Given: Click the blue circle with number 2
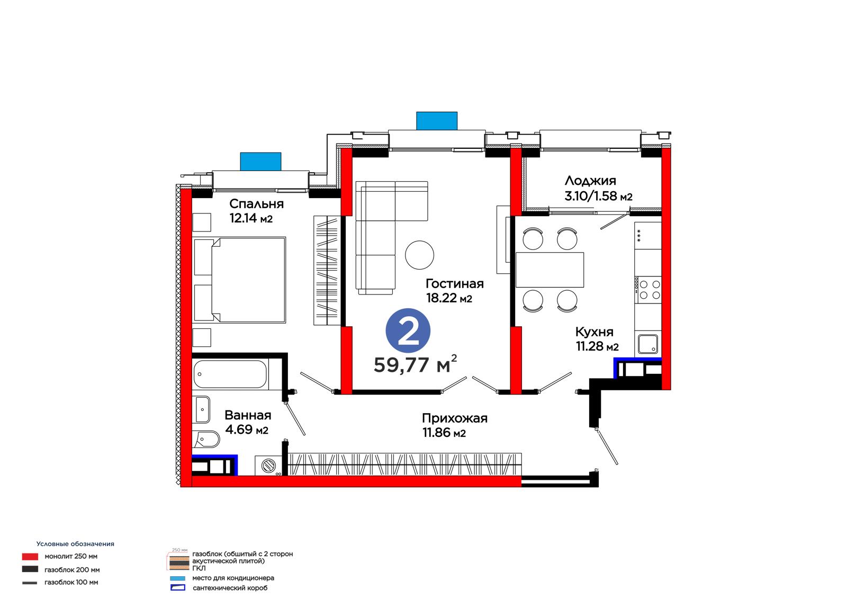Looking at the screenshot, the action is [x=408, y=330].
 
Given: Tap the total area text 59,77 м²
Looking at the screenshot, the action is [x=415, y=364].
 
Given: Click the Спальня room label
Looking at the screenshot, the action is [x=256, y=204].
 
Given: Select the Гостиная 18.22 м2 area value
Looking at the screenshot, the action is [x=449, y=298].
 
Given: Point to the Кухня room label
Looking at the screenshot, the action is [x=594, y=332].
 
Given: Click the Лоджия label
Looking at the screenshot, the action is [x=590, y=181].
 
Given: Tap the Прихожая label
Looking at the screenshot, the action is [x=455, y=418].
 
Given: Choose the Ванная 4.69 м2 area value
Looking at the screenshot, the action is [x=247, y=430].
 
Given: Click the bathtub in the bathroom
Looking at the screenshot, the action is [x=230, y=374].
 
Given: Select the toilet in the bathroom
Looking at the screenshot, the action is [x=206, y=440].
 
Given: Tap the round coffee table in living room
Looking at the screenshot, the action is [x=419, y=255].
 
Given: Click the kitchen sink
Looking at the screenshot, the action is [x=648, y=344].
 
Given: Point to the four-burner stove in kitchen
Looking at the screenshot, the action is [x=648, y=290].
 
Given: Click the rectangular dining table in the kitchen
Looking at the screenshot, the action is [x=549, y=270].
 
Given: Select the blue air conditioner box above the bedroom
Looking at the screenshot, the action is [x=260, y=162].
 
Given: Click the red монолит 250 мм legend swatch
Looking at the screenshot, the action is [x=30, y=557].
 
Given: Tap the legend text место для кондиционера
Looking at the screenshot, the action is [x=233, y=578].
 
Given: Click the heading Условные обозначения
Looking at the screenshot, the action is [x=75, y=544].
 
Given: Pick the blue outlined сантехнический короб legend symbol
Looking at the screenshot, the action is [x=178, y=588].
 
